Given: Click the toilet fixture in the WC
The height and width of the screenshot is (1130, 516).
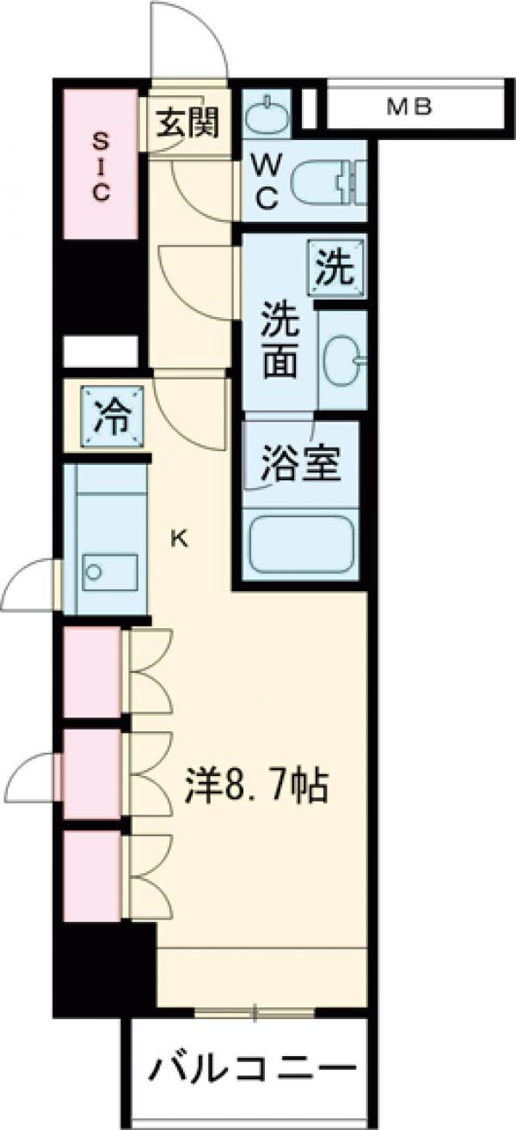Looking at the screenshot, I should coord(327,183).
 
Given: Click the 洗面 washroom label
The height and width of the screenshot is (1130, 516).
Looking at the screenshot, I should coord(280,339).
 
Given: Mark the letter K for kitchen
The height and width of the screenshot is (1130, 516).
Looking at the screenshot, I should coord(180,539).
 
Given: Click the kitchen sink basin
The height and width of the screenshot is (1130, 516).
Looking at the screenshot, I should coord(110,571).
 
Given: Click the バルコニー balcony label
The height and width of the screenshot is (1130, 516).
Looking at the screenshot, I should coord(254,1070).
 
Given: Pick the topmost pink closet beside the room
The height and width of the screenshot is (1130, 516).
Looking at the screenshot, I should coord(92,672).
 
